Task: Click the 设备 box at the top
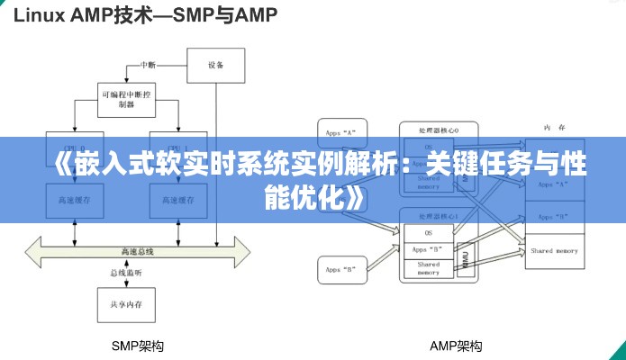(x=215, y=65)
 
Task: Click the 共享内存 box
(x=126, y=305)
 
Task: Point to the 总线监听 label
(x=126, y=273)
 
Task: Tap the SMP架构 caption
(x=137, y=346)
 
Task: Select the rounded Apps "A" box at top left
(x=341, y=132)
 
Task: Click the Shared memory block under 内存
(x=554, y=250)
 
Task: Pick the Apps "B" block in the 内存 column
(x=554, y=218)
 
